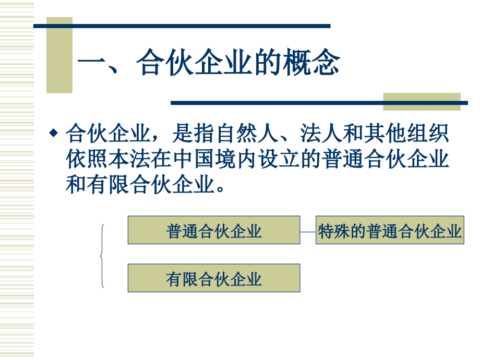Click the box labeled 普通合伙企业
click(x=214, y=230)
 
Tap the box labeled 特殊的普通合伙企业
click(x=390, y=230)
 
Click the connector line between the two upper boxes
click(x=308, y=230)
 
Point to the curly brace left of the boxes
click(x=102, y=256)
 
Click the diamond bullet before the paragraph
click(x=53, y=134)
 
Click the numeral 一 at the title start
click(x=91, y=64)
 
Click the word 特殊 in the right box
click(x=334, y=231)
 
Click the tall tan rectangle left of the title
click(x=59, y=55)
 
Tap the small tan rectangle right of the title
click(x=422, y=101)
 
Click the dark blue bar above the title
click(x=183, y=26)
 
